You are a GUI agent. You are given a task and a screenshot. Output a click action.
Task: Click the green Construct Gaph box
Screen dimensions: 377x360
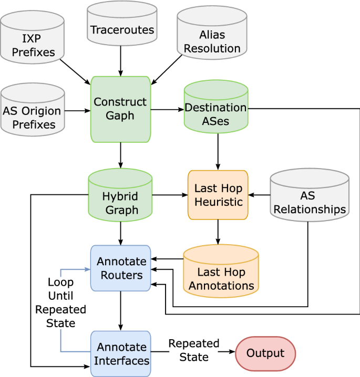120,109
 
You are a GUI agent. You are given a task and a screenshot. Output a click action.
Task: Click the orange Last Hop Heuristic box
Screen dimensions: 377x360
218,194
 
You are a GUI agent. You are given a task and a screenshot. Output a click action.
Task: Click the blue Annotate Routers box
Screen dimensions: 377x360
121,268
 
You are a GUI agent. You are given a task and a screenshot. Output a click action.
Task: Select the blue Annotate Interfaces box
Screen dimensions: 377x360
121,354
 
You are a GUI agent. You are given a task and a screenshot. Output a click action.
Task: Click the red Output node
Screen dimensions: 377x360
265,353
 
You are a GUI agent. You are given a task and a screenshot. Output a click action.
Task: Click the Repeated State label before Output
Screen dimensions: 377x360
193,350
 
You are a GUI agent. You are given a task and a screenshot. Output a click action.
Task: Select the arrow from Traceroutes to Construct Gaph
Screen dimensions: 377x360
121,60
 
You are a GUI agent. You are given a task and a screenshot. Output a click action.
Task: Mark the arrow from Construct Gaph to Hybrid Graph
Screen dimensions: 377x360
121,155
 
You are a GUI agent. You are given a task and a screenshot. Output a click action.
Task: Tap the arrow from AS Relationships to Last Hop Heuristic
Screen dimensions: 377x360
259,195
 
